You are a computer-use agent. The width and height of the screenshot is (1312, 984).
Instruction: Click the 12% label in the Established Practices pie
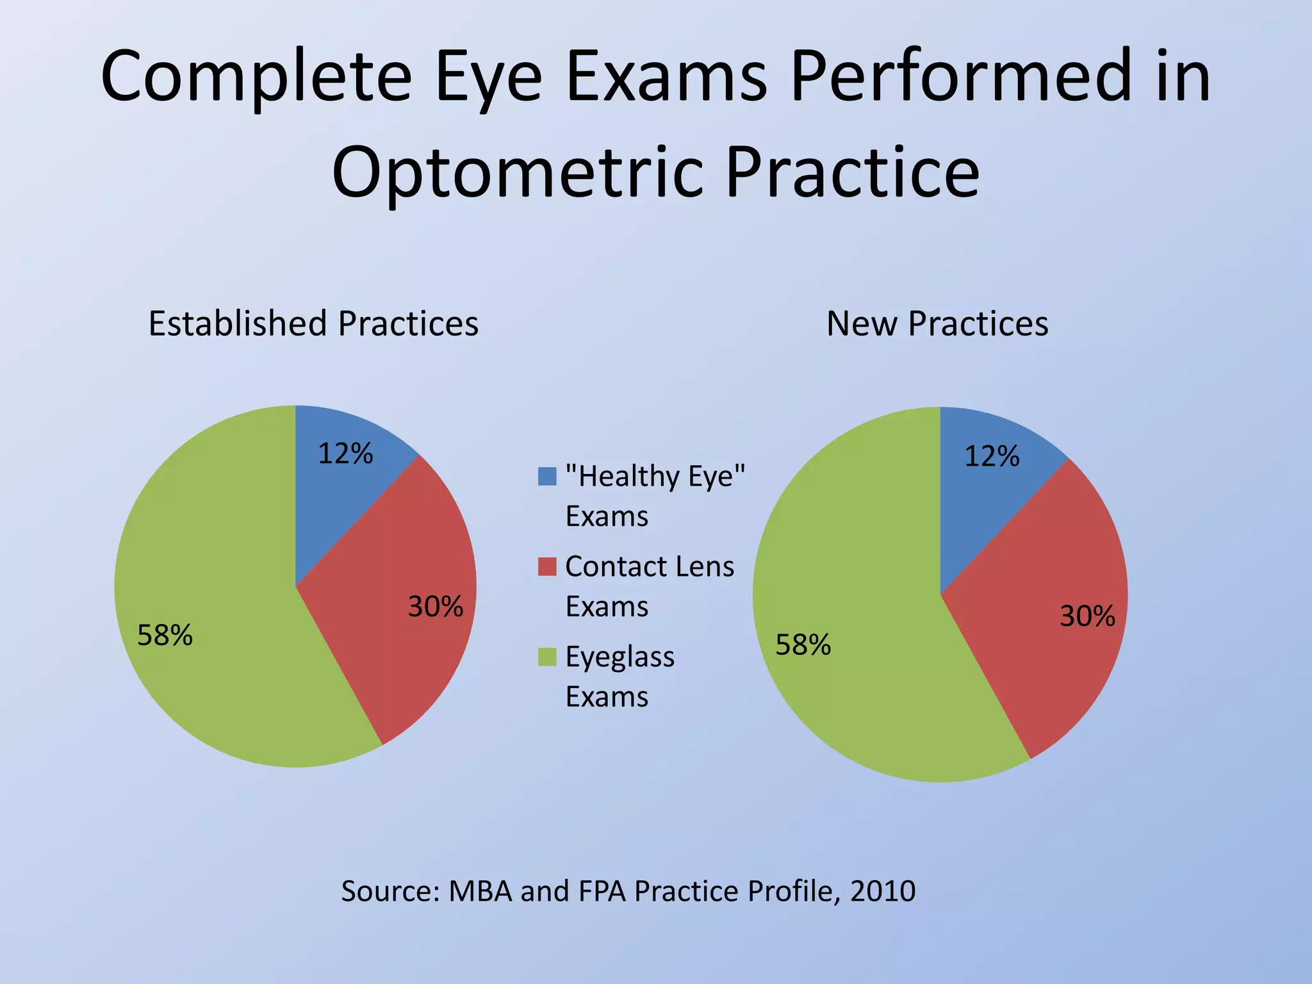(345, 454)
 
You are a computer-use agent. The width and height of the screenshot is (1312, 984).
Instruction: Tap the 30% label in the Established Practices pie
(436, 607)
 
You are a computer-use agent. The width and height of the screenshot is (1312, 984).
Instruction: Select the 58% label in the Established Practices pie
(165, 635)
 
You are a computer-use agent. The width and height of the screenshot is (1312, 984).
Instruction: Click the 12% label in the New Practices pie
(992, 457)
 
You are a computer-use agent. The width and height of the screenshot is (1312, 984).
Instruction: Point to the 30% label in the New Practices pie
(1087, 616)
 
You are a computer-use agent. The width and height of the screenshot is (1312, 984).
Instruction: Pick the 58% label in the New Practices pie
(803, 645)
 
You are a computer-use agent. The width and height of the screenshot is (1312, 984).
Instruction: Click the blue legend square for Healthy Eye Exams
(547, 476)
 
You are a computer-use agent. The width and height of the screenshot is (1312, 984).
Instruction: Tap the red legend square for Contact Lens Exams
(547, 566)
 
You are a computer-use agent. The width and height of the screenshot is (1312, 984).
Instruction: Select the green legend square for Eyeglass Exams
(547, 657)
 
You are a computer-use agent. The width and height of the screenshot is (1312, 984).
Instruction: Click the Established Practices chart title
(313, 324)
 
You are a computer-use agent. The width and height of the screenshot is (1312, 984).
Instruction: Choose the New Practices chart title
(937, 324)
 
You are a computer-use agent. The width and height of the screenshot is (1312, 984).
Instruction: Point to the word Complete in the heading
(256, 77)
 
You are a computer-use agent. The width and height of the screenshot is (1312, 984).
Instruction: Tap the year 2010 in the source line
(883, 891)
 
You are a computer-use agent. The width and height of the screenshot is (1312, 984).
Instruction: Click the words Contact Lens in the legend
(650, 566)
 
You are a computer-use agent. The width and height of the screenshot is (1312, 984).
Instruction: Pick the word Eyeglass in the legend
(620, 657)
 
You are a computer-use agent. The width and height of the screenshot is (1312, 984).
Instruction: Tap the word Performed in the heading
(961, 77)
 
